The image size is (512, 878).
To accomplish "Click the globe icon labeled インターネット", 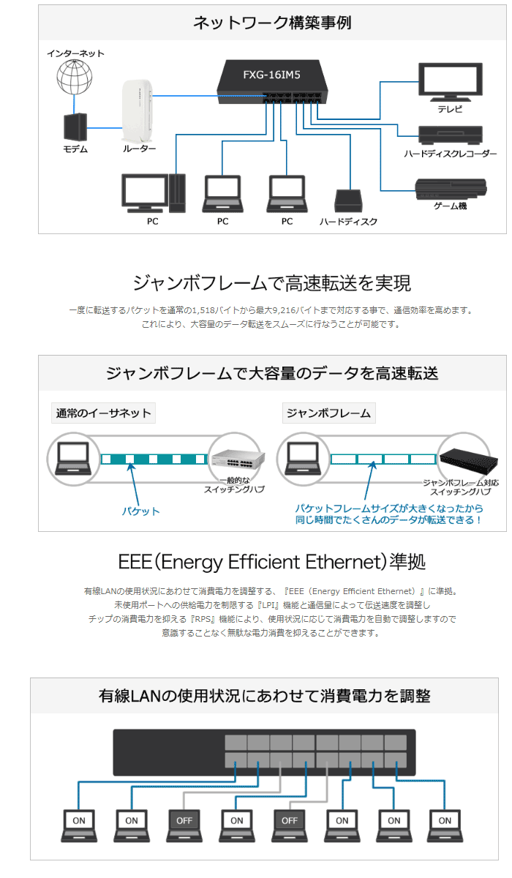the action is [75, 76].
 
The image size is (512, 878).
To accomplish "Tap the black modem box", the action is [75, 127].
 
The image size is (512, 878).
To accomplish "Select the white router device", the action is [137, 111].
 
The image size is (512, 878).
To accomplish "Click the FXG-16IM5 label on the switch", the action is [271, 75].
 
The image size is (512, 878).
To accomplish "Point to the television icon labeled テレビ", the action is [450, 82].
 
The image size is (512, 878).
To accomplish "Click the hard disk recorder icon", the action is [450, 135].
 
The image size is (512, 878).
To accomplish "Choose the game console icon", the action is [451, 190].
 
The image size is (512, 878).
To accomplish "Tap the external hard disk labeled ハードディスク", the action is [348, 200].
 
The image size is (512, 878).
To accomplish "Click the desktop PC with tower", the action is [153, 193].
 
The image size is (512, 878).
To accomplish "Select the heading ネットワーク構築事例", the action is [272, 23].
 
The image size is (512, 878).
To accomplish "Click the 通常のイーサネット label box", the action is [103, 413].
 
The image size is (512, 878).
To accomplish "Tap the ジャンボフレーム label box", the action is [328, 413].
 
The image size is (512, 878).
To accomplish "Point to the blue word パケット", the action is [140, 511].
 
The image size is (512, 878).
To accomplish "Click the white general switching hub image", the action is [238, 459].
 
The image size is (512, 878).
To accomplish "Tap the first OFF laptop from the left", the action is [184, 825].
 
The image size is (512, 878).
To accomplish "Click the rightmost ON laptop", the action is [445, 825].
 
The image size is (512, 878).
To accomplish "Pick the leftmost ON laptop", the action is [79, 825].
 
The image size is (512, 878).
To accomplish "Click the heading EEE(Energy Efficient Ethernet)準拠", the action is [271, 561].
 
